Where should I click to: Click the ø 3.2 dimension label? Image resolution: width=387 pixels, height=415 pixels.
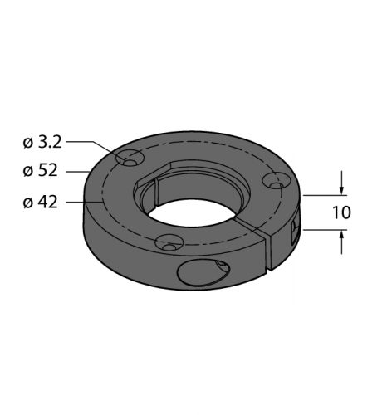(x=42, y=143)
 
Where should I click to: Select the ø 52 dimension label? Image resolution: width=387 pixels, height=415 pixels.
(x=41, y=170)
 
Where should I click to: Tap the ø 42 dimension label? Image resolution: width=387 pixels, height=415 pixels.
(x=41, y=203)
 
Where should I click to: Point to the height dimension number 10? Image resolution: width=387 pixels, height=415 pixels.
(x=341, y=212)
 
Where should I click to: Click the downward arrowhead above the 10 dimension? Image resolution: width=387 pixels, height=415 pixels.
(x=342, y=190)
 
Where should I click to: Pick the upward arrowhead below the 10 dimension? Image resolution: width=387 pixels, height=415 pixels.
(x=342, y=235)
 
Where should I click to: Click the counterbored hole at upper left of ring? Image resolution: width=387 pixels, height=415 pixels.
(x=130, y=159)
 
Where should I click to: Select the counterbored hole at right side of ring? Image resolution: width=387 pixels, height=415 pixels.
(x=277, y=182)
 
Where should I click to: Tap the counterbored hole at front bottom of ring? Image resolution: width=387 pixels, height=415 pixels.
(x=169, y=242)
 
